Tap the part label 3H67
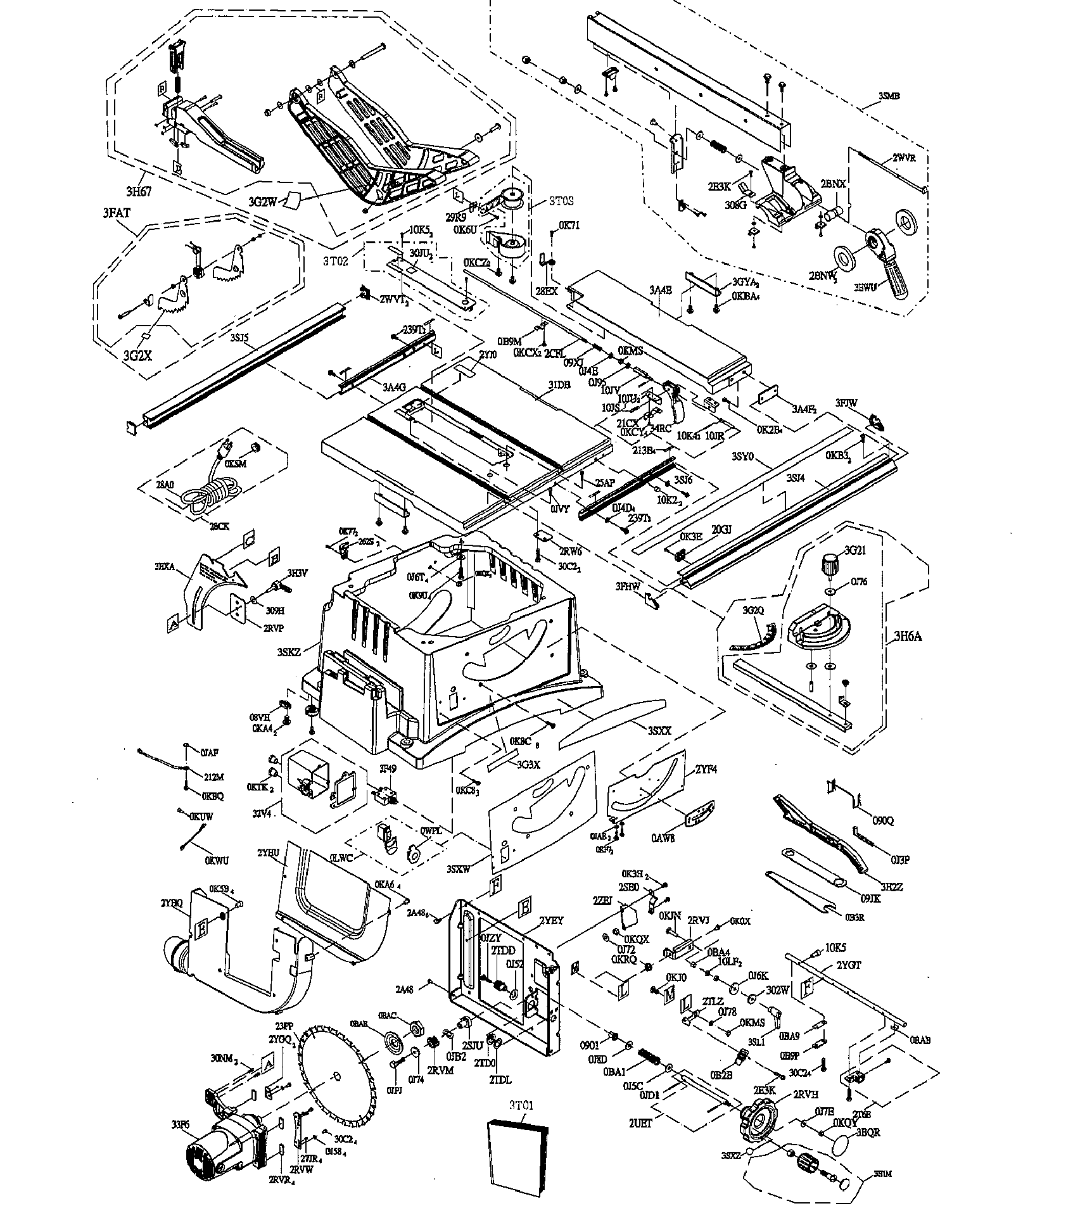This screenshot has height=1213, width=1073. click(x=138, y=192)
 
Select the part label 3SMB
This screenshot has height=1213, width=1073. click(x=889, y=96)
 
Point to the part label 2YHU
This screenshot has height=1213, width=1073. click(x=268, y=853)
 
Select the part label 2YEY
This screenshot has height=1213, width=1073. click(x=551, y=920)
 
